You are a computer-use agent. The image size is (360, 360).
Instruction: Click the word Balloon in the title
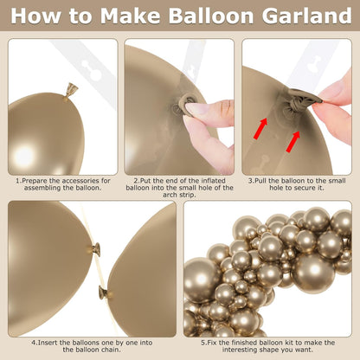coord(211,16)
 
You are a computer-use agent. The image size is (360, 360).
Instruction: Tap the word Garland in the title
coord(307,16)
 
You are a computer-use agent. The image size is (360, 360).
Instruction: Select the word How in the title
coord(35,16)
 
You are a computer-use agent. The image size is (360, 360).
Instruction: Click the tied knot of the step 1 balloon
coord(71,91)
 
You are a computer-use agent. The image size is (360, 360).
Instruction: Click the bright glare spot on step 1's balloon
coord(24,155)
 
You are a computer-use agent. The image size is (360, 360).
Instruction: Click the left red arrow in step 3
coord(260,128)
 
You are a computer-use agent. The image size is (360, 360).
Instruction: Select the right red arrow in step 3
coord(293,141)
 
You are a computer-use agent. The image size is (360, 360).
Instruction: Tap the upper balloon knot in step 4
coord(97,248)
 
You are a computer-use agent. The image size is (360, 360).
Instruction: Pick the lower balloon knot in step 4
coord(103,292)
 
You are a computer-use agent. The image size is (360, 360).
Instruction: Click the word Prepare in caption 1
coord(35,181)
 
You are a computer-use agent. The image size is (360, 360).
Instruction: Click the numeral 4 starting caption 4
coord(34,343)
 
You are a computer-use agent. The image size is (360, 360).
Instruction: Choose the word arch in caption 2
coord(170,195)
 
